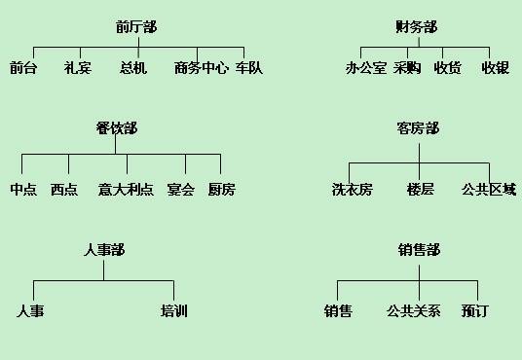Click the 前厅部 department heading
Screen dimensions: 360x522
tap(135, 26)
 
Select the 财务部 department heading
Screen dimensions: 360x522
tap(417, 26)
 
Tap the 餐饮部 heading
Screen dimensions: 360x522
tap(116, 127)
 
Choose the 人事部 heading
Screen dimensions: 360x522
tap(104, 250)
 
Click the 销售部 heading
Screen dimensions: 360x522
tap(419, 250)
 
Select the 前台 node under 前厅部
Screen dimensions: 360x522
tap(23, 68)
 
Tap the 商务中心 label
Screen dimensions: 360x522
tap(202, 68)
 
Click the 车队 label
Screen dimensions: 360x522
tap(249, 68)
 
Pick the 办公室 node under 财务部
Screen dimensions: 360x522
tap(366, 68)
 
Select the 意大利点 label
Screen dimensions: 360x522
tap(126, 190)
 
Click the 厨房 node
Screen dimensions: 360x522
tap(221, 190)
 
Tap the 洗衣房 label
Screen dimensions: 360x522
tap(352, 190)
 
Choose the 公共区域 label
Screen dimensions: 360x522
tap(489, 190)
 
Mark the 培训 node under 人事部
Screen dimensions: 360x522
tap(174, 311)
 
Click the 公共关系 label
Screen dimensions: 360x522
tap(414, 311)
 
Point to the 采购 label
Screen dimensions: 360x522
tap(407, 68)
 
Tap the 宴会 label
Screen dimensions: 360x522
tap(180, 190)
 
